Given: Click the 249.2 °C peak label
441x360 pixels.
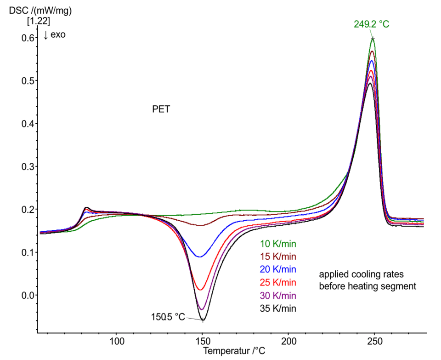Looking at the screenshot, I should tap(371, 24).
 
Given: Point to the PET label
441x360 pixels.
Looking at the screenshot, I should tap(161, 110).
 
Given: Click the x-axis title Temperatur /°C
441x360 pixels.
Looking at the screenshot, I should tap(234, 351).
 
